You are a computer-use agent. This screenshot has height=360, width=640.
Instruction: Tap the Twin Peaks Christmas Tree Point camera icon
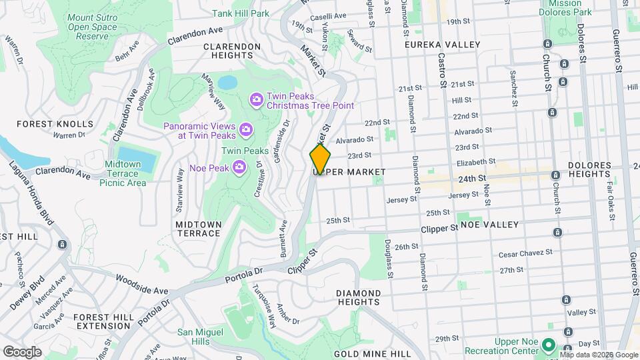pos(256,99)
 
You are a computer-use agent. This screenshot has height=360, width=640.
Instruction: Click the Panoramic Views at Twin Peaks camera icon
pos(245,128)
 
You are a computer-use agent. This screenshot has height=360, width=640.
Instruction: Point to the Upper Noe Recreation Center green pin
pos(548,345)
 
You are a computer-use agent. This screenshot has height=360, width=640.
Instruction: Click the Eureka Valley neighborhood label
pos(443,45)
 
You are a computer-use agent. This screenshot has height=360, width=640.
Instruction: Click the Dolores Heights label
pos(589,169)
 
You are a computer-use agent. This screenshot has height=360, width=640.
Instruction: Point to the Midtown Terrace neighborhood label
pos(198,229)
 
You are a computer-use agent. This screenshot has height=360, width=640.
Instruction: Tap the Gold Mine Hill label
pos(372,353)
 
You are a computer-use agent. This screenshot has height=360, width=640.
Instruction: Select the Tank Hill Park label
pos(240,13)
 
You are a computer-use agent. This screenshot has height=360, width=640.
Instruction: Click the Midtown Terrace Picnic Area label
pos(123,173)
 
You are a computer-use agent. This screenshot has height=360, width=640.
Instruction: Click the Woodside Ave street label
pos(142,285)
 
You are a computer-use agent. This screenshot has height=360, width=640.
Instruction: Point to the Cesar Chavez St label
pos(525,253)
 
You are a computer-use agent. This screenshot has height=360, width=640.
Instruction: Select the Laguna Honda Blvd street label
pos(30,193)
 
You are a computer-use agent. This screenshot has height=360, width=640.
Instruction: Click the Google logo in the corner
pos(23,351)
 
